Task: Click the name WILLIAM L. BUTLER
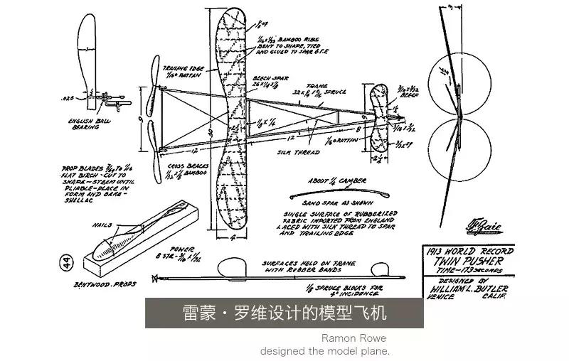click(465, 289)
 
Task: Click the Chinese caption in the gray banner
click(284, 313)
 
